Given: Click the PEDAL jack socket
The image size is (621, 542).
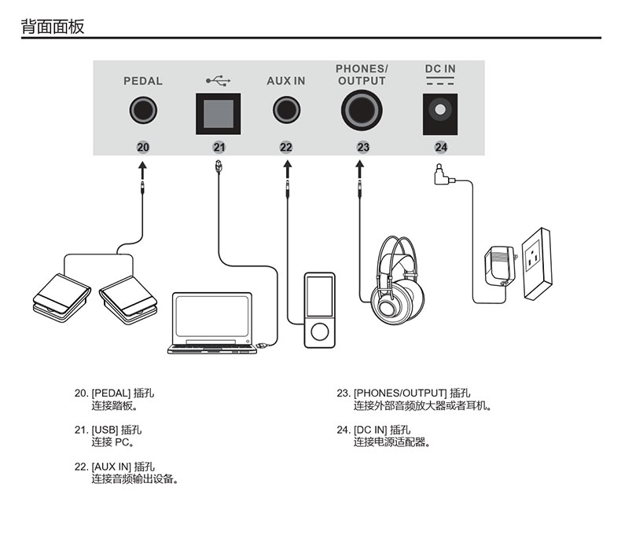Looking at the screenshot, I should (142, 112).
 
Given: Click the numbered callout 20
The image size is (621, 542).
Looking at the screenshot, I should (142, 147).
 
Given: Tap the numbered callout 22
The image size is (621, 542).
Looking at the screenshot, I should (285, 147).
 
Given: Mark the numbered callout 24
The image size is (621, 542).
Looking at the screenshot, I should (440, 147).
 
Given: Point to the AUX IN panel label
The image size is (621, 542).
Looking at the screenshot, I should (285, 81).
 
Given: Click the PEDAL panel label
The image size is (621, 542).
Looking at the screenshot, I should (143, 81).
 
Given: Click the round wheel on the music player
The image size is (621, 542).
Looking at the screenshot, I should (319, 333).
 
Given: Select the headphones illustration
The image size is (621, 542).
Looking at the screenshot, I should (399, 279).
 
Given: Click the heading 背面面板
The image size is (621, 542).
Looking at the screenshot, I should (52, 27).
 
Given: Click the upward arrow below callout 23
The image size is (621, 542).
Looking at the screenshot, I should (360, 170).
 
